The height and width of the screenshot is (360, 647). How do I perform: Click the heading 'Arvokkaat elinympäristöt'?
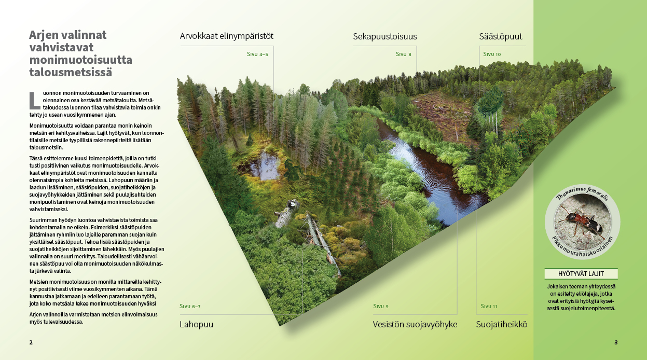(x=226, y=36)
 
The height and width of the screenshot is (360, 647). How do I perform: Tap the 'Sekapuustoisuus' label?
(x=385, y=37)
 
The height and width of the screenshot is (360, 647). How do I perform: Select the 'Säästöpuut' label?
(x=501, y=37)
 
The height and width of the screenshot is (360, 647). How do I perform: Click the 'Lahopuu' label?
(x=197, y=325)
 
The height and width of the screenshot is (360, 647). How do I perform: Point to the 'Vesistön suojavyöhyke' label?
(x=415, y=325)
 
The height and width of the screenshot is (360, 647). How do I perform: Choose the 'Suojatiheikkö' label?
(x=501, y=325)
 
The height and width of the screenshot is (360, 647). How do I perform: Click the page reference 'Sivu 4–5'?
(x=257, y=54)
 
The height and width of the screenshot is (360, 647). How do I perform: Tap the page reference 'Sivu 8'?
(x=403, y=54)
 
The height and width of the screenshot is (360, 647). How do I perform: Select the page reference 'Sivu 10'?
(x=492, y=54)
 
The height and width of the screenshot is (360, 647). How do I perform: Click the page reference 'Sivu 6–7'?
(x=190, y=306)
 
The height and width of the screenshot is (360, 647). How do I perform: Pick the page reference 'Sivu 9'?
(x=381, y=306)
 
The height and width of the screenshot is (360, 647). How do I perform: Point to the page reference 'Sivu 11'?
(x=489, y=306)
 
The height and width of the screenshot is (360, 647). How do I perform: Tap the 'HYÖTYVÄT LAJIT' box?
(x=581, y=274)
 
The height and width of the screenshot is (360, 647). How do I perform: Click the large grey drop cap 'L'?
(x=35, y=101)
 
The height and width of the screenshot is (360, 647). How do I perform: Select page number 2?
(x=31, y=342)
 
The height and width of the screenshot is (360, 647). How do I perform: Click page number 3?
(x=616, y=342)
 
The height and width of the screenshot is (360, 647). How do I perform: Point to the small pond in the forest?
(x=264, y=165)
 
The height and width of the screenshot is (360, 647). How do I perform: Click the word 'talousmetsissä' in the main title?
(x=71, y=72)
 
